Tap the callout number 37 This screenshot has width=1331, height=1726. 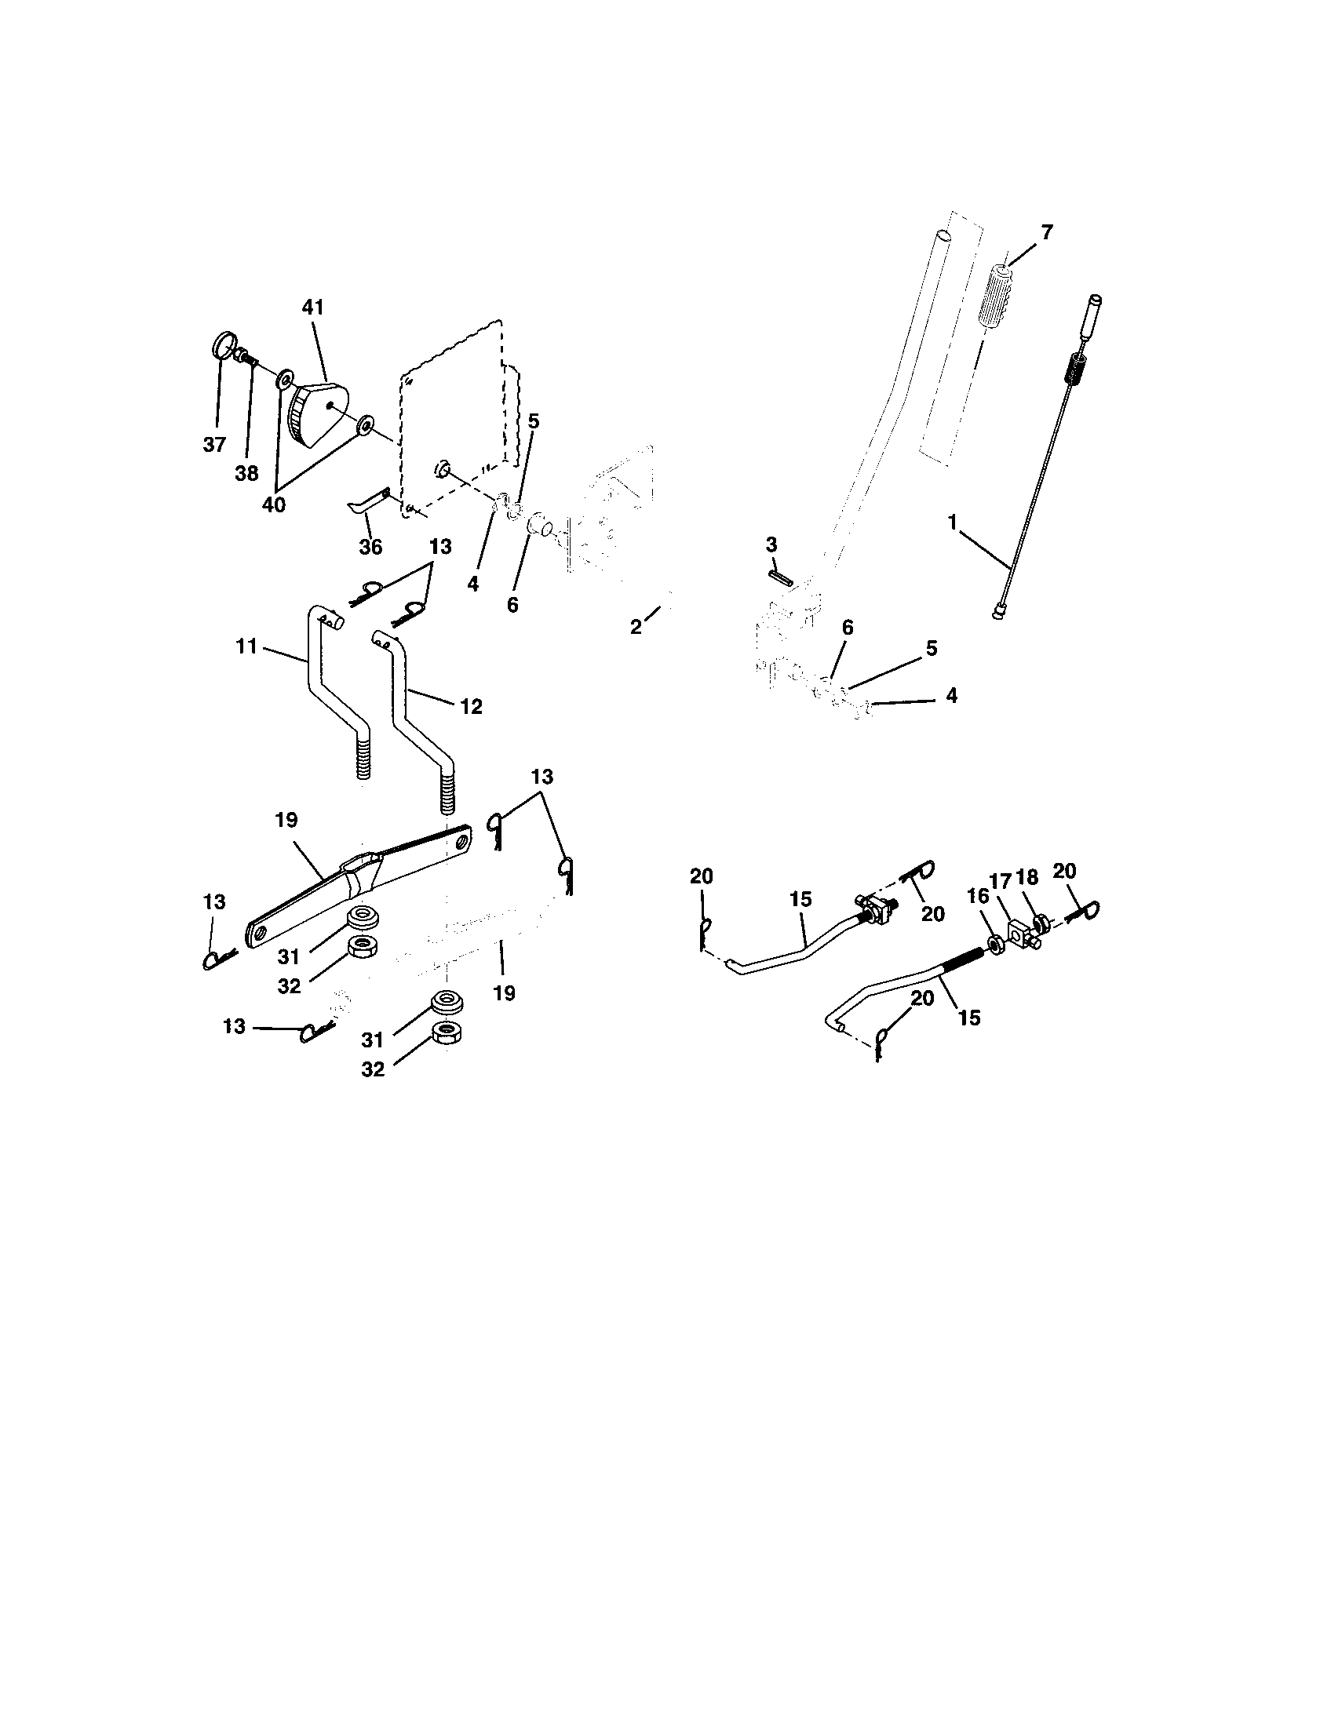pyautogui.click(x=214, y=444)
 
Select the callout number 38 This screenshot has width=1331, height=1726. pyautogui.click(x=246, y=473)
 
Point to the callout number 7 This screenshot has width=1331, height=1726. pyautogui.click(x=1046, y=232)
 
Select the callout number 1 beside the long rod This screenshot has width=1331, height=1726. pyautogui.click(x=953, y=523)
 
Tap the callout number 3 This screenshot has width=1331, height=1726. pyautogui.click(x=771, y=545)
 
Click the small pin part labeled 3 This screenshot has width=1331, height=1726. pyautogui.click(x=779, y=574)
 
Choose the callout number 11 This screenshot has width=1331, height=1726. pyautogui.click(x=246, y=646)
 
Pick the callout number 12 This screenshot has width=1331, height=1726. pyautogui.click(x=471, y=706)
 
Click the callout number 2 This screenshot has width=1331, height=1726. pyautogui.click(x=636, y=628)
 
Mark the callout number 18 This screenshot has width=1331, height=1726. pyautogui.click(x=1027, y=878)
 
